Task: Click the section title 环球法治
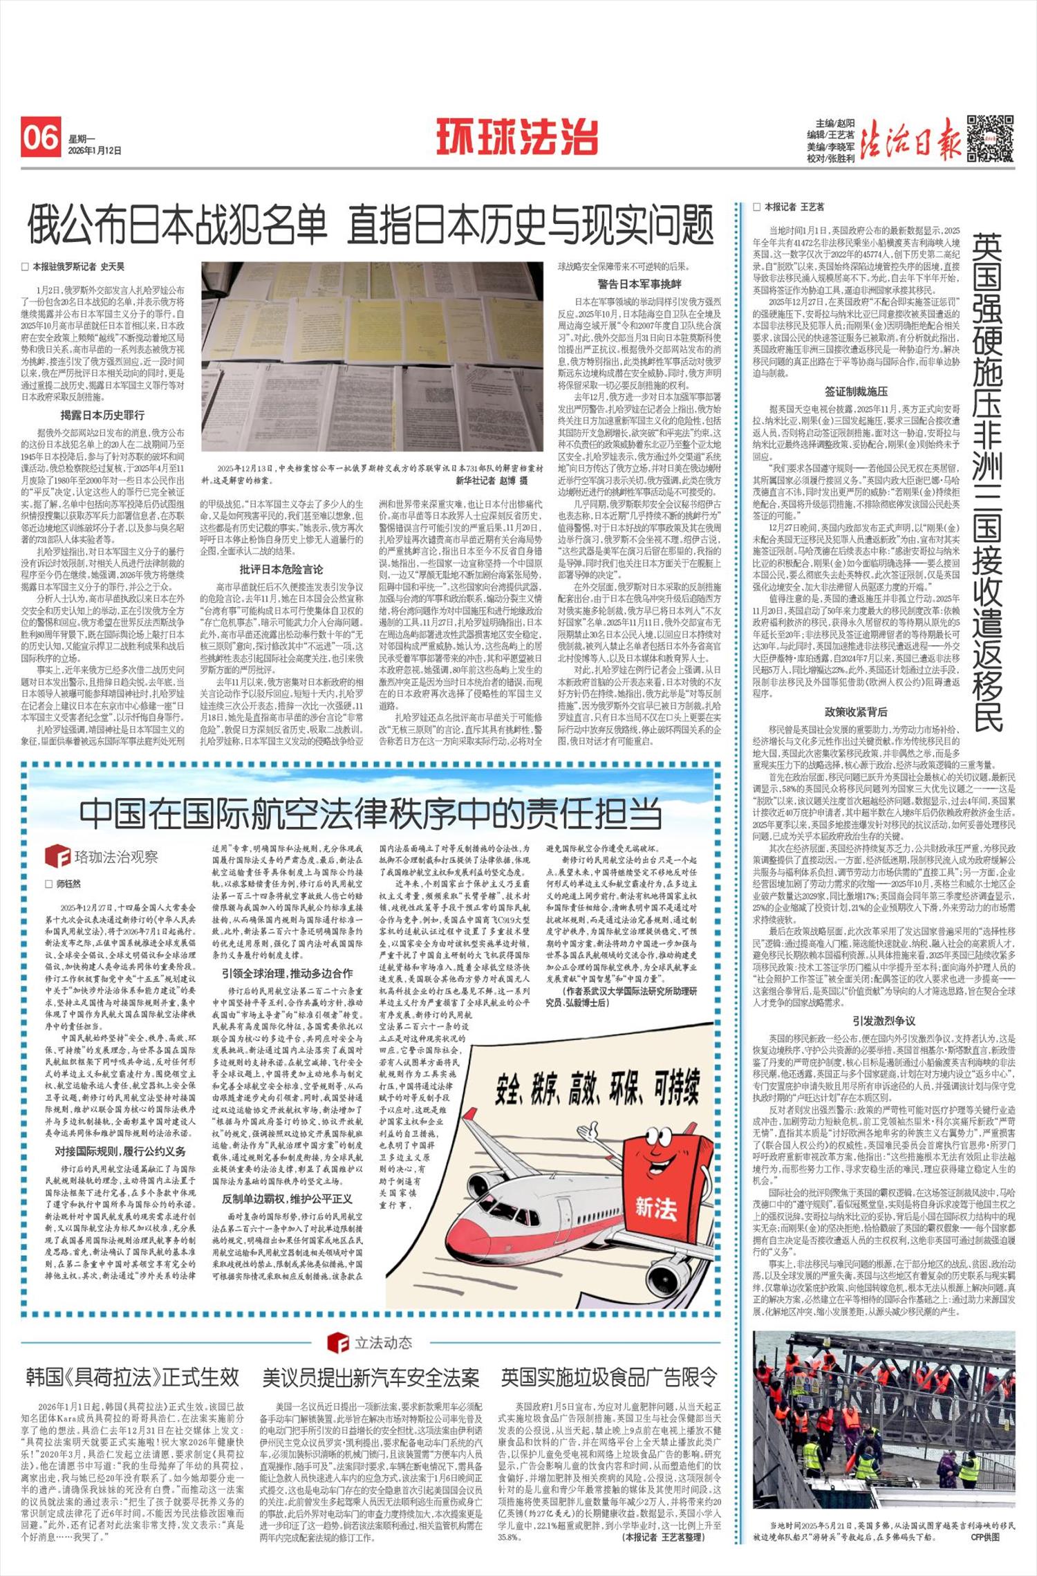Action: pos(516,137)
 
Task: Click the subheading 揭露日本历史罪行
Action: pos(102,415)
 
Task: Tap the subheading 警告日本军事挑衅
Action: pos(639,284)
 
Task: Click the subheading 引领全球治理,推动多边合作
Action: pos(287,973)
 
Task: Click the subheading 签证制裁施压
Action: pos(856,391)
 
